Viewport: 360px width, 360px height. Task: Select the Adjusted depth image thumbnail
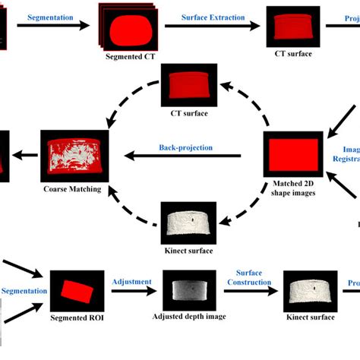189,291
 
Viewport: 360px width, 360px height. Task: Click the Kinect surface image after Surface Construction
311,291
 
